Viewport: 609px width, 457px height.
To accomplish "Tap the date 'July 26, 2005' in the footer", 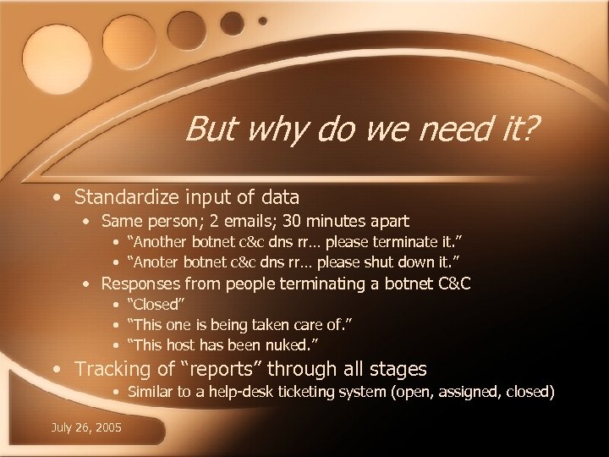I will [x=85, y=427].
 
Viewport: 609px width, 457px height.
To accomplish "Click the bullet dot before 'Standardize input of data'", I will [x=56, y=198].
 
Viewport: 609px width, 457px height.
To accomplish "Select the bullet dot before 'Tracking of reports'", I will [x=56, y=370].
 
